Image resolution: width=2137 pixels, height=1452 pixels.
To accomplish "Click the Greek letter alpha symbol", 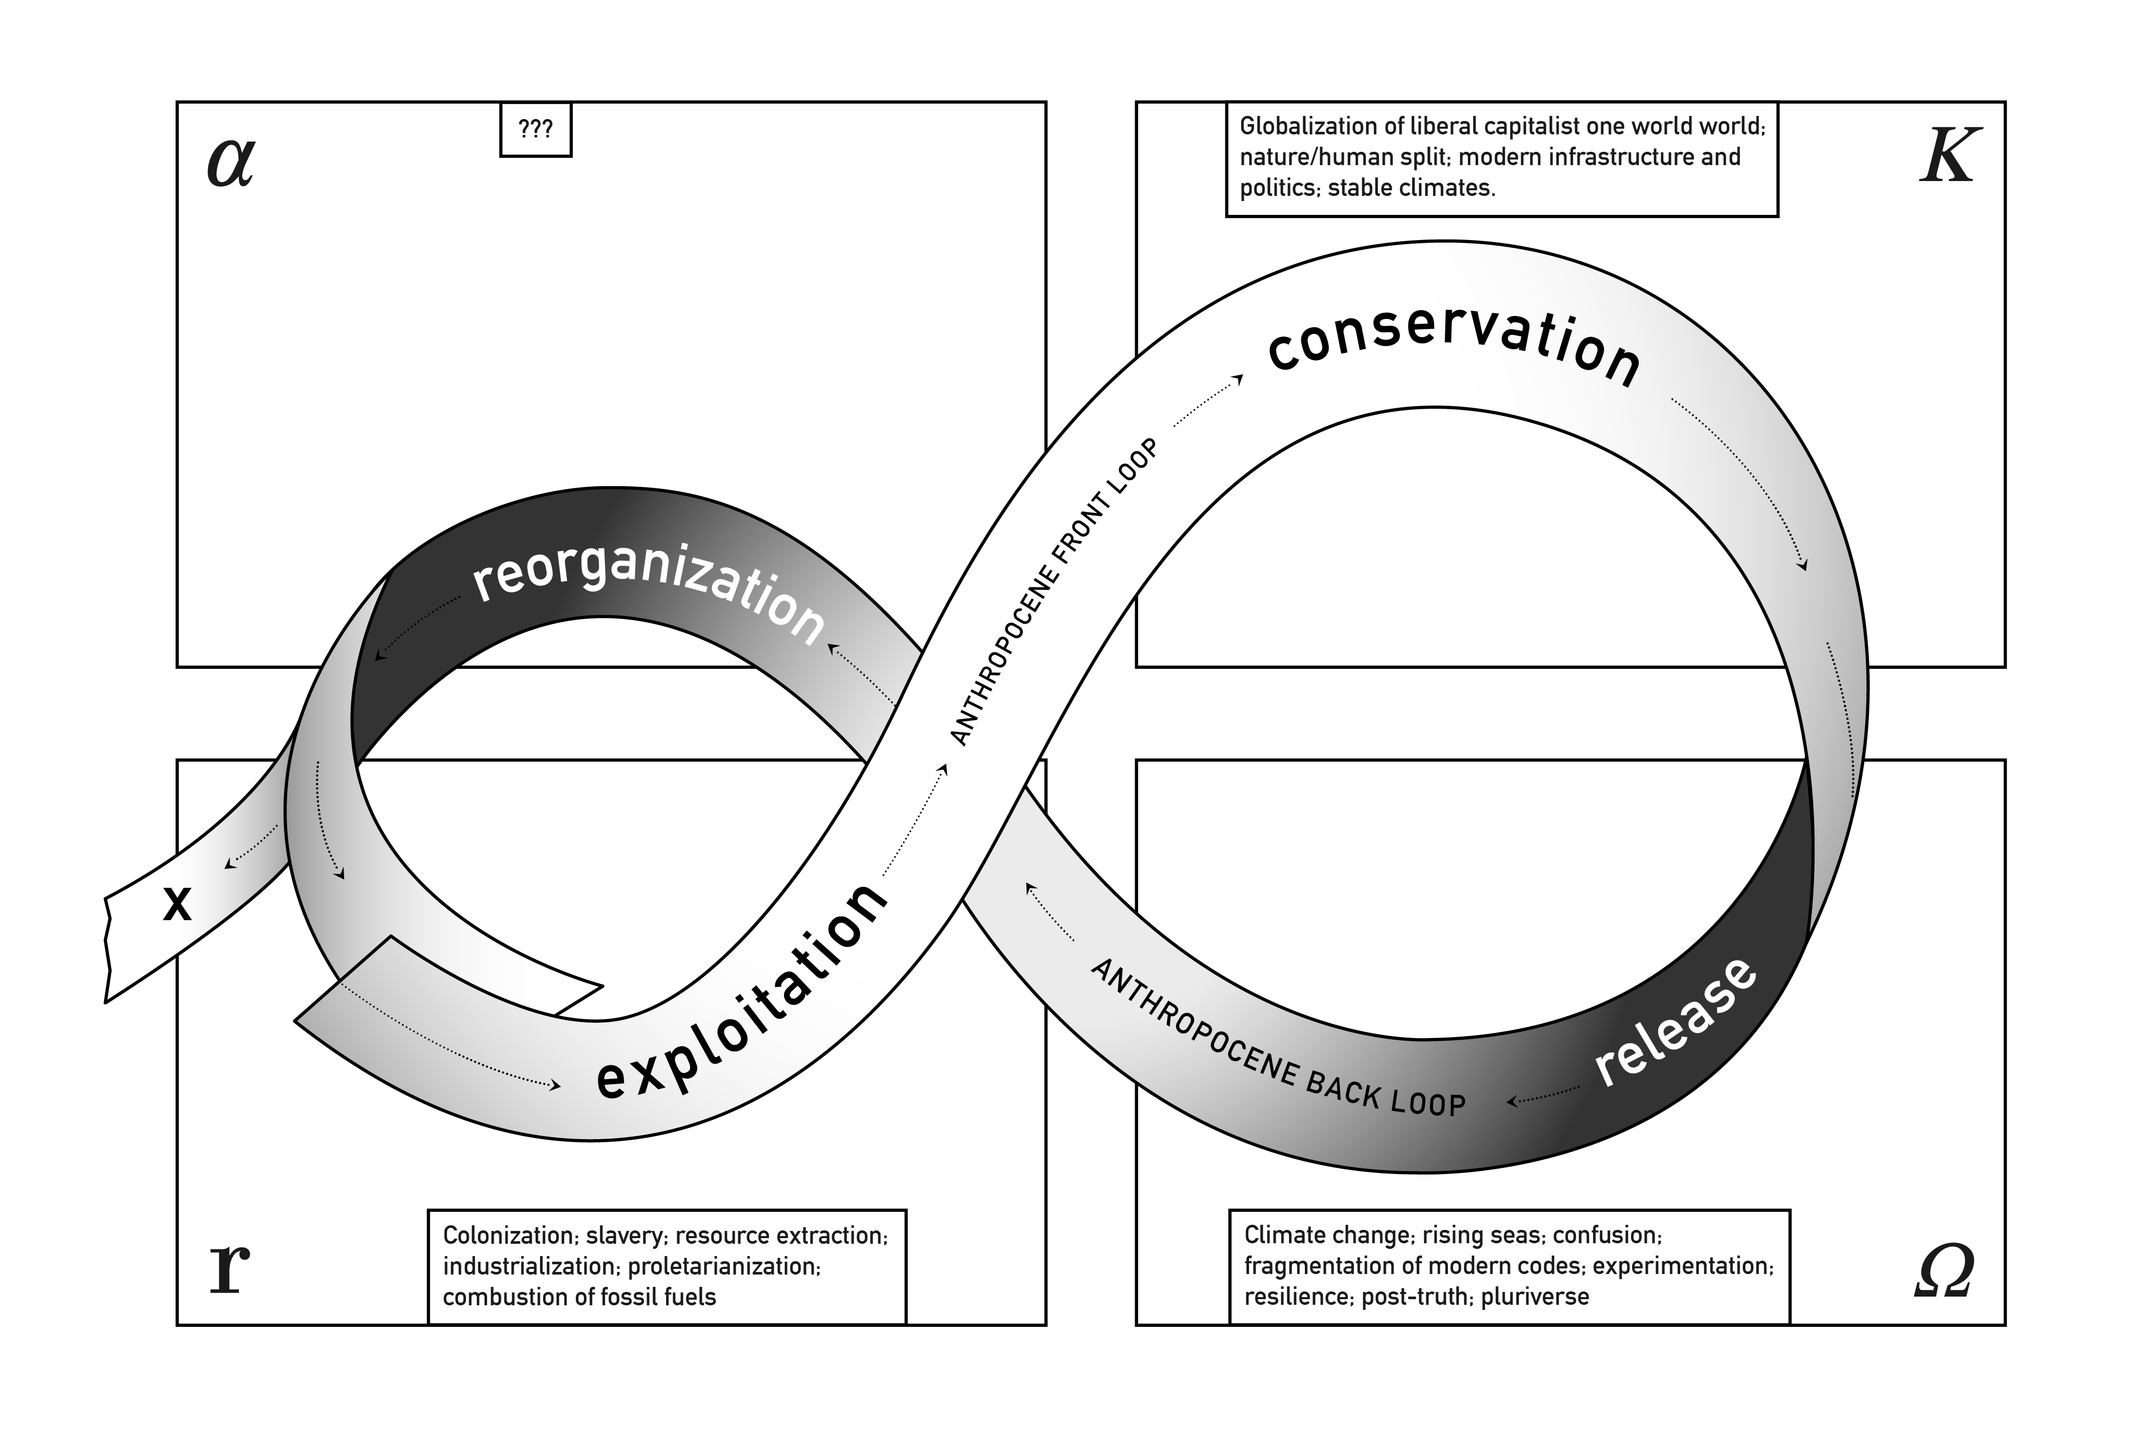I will click(230, 163).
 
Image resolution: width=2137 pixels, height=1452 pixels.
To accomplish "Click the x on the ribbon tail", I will click(176, 904).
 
